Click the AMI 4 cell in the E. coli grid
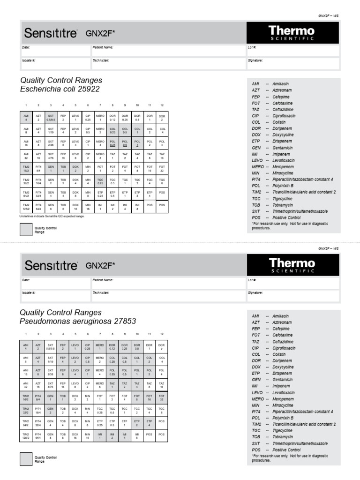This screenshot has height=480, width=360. (x=26, y=117)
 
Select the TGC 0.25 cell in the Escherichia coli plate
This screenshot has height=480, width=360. (x=100, y=181)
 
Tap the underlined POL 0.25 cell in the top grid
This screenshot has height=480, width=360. (x=112, y=143)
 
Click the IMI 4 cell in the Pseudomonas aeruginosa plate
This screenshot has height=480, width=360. (x=125, y=435)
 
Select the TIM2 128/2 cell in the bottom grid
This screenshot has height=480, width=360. (x=26, y=435)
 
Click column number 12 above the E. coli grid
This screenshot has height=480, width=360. (x=162, y=105)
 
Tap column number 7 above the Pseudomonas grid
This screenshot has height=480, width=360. (x=100, y=334)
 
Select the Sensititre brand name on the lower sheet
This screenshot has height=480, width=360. (x=52, y=266)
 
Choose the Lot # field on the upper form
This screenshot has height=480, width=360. (x=292, y=50)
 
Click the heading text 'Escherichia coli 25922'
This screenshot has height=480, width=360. (x=60, y=89)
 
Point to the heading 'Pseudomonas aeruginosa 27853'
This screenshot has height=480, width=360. (x=78, y=322)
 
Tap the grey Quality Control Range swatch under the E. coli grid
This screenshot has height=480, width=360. (x=26, y=229)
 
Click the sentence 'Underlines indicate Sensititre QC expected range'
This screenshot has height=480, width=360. (x=52, y=217)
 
